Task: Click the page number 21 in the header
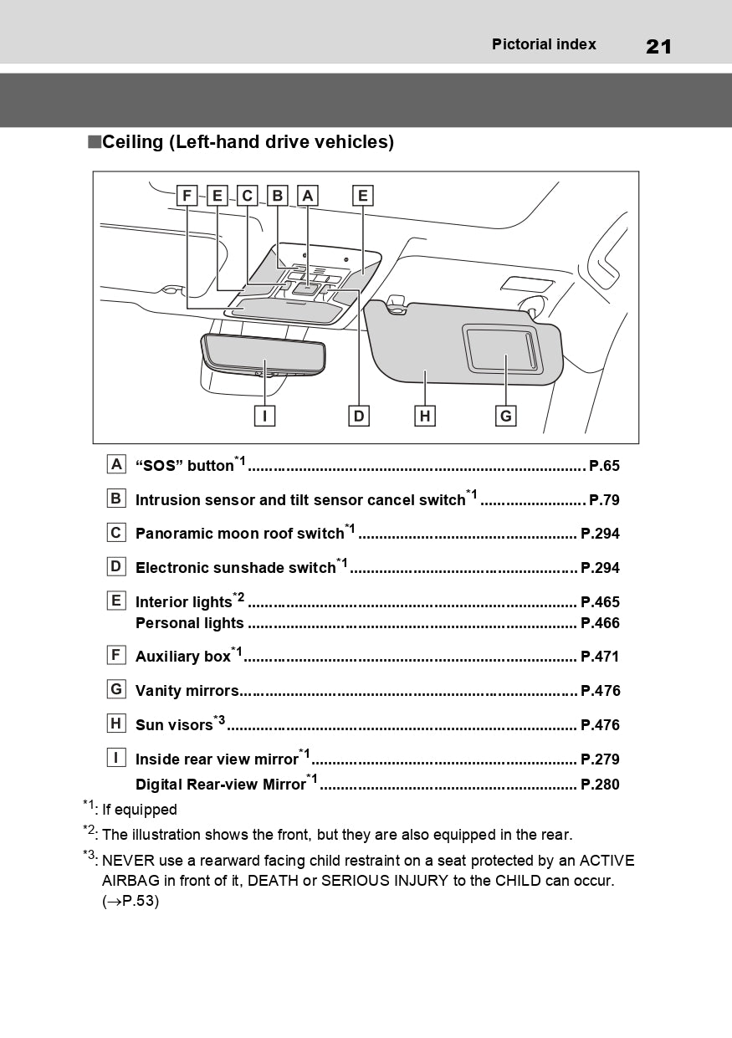pos(658,46)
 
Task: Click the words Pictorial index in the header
pos(544,44)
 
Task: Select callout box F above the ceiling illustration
pos(187,196)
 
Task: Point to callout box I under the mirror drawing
pos(264,415)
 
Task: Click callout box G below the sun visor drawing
pos(505,415)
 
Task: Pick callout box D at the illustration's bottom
pos(359,415)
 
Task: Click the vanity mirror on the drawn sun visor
pos(502,349)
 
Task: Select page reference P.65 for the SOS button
pos(604,466)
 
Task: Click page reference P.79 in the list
pos(604,500)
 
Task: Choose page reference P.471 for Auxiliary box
pos(600,657)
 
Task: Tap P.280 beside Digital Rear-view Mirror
pos(600,785)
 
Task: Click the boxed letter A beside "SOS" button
pos(116,464)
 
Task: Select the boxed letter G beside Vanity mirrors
pos(116,689)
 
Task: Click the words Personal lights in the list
pos(190,623)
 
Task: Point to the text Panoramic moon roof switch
pos(240,534)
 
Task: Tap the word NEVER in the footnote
pos(125,861)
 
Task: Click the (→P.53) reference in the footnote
pos(131,902)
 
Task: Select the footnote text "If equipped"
pos(140,810)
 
